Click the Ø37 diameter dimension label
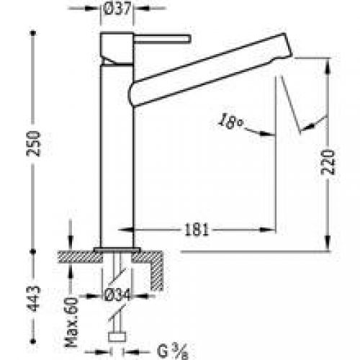[120, 11]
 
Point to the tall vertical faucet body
[118, 158]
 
